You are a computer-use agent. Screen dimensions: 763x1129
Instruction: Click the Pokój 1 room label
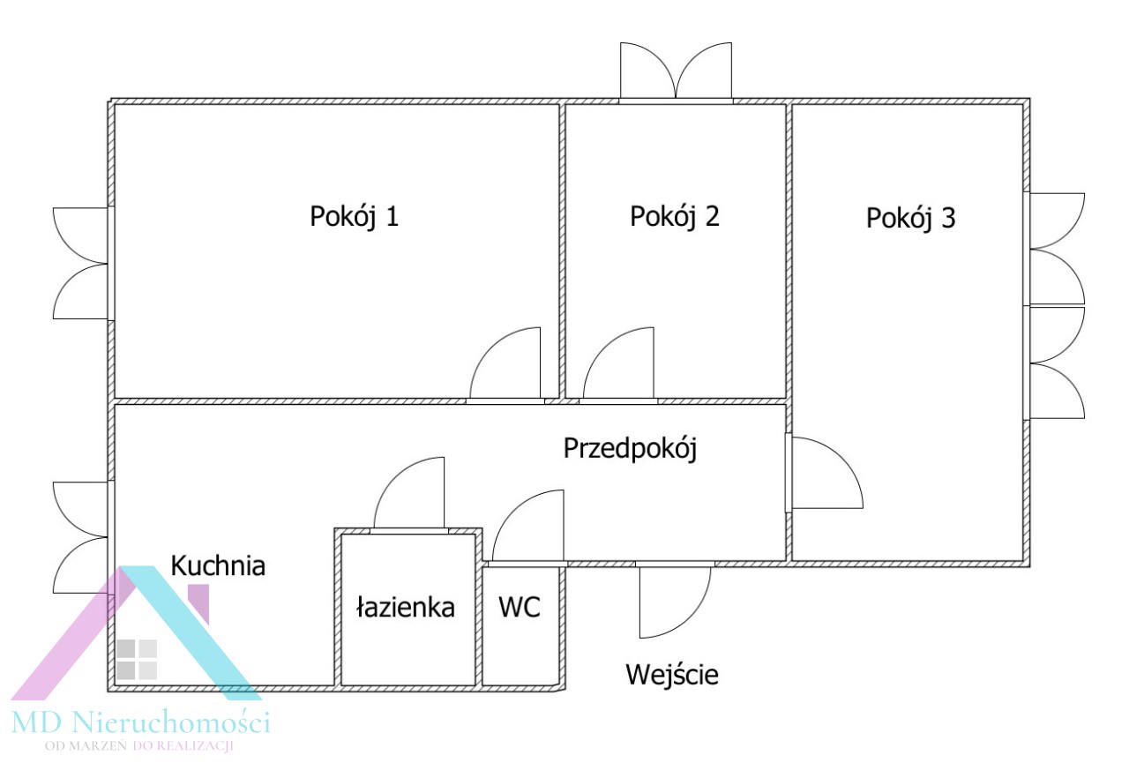(x=354, y=217)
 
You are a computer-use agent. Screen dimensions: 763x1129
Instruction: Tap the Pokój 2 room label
(x=674, y=217)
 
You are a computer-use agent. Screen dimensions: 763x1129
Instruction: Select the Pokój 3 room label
(x=910, y=219)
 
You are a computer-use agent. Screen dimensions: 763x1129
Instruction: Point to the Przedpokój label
(x=630, y=449)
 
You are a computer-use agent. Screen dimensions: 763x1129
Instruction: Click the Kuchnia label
(x=218, y=565)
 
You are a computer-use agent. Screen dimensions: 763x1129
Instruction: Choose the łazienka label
(x=405, y=608)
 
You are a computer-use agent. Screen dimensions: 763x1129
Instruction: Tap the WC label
(x=519, y=608)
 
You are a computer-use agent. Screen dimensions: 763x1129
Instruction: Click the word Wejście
(x=672, y=676)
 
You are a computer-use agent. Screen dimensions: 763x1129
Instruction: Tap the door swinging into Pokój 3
(x=825, y=473)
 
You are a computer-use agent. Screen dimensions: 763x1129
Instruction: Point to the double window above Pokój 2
(x=676, y=72)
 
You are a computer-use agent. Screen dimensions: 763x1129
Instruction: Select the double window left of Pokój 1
(x=82, y=263)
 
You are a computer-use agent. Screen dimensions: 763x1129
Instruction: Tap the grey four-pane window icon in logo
(x=137, y=659)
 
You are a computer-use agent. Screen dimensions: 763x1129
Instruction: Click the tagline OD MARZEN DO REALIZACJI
(x=139, y=747)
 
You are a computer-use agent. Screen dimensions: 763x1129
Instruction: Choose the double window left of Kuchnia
(x=82, y=537)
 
